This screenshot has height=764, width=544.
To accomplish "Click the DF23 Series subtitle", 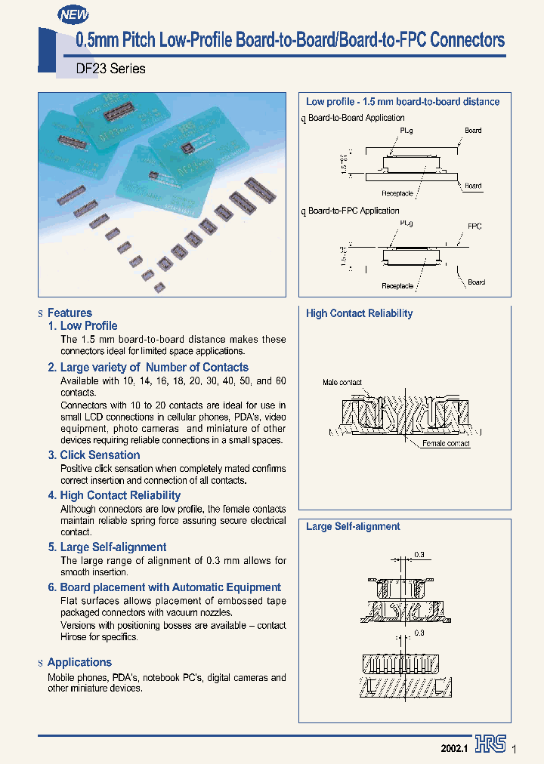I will (111, 69).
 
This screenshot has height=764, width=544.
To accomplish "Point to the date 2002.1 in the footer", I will (455, 747).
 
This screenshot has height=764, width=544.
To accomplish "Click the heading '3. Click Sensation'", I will (94, 455).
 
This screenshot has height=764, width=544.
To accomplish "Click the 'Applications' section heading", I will (79, 662).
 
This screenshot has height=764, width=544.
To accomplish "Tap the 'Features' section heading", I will (70, 313).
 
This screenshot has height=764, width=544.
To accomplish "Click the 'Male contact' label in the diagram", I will (342, 383).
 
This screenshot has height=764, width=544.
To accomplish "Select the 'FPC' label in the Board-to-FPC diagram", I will (474, 226).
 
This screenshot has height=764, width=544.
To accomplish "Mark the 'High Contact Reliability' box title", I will (359, 313).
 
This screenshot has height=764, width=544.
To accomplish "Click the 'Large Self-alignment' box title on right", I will (353, 527).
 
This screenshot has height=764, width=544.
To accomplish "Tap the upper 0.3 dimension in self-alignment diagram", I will (419, 555).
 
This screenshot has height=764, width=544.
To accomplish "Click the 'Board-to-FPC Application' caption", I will (354, 211).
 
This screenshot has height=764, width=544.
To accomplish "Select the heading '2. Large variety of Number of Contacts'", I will (148, 368).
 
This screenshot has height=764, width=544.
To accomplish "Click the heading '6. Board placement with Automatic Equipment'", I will (164, 587).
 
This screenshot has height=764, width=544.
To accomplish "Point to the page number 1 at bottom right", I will (514, 748).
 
